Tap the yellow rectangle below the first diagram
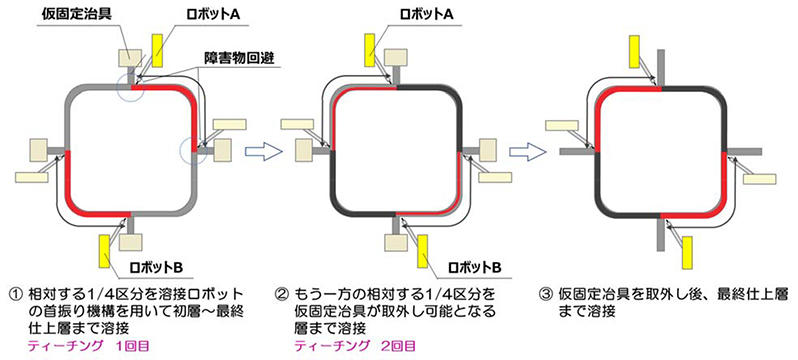(107, 248)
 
